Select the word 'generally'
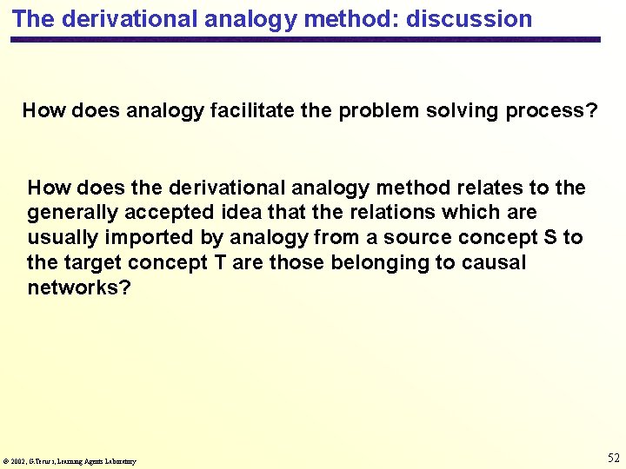click(x=71, y=213)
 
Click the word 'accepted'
click(x=167, y=213)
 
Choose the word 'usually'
click(x=61, y=238)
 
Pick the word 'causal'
click(x=497, y=262)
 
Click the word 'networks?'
click(x=79, y=287)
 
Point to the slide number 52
click(x=612, y=458)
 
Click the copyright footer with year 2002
click(x=70, y=461)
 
